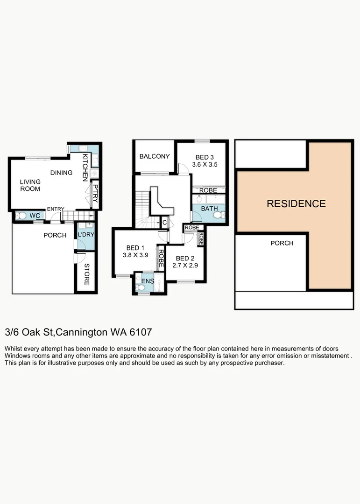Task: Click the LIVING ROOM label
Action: coord(30,185)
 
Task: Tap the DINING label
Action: coord(61,173)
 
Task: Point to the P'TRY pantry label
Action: coord(95,194)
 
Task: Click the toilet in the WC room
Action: coord(21,216)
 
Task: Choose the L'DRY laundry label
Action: coord(85,234)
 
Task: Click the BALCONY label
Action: coord(155,156)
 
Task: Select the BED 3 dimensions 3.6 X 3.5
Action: coord(205,164)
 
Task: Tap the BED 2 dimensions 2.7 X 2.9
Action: coord(183,266)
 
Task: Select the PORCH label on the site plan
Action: coord(282,243)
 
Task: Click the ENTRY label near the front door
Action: coord(55,209)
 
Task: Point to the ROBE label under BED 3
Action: coord(208,190)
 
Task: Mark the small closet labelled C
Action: coord(164,223)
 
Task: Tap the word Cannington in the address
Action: coord(82,332)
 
